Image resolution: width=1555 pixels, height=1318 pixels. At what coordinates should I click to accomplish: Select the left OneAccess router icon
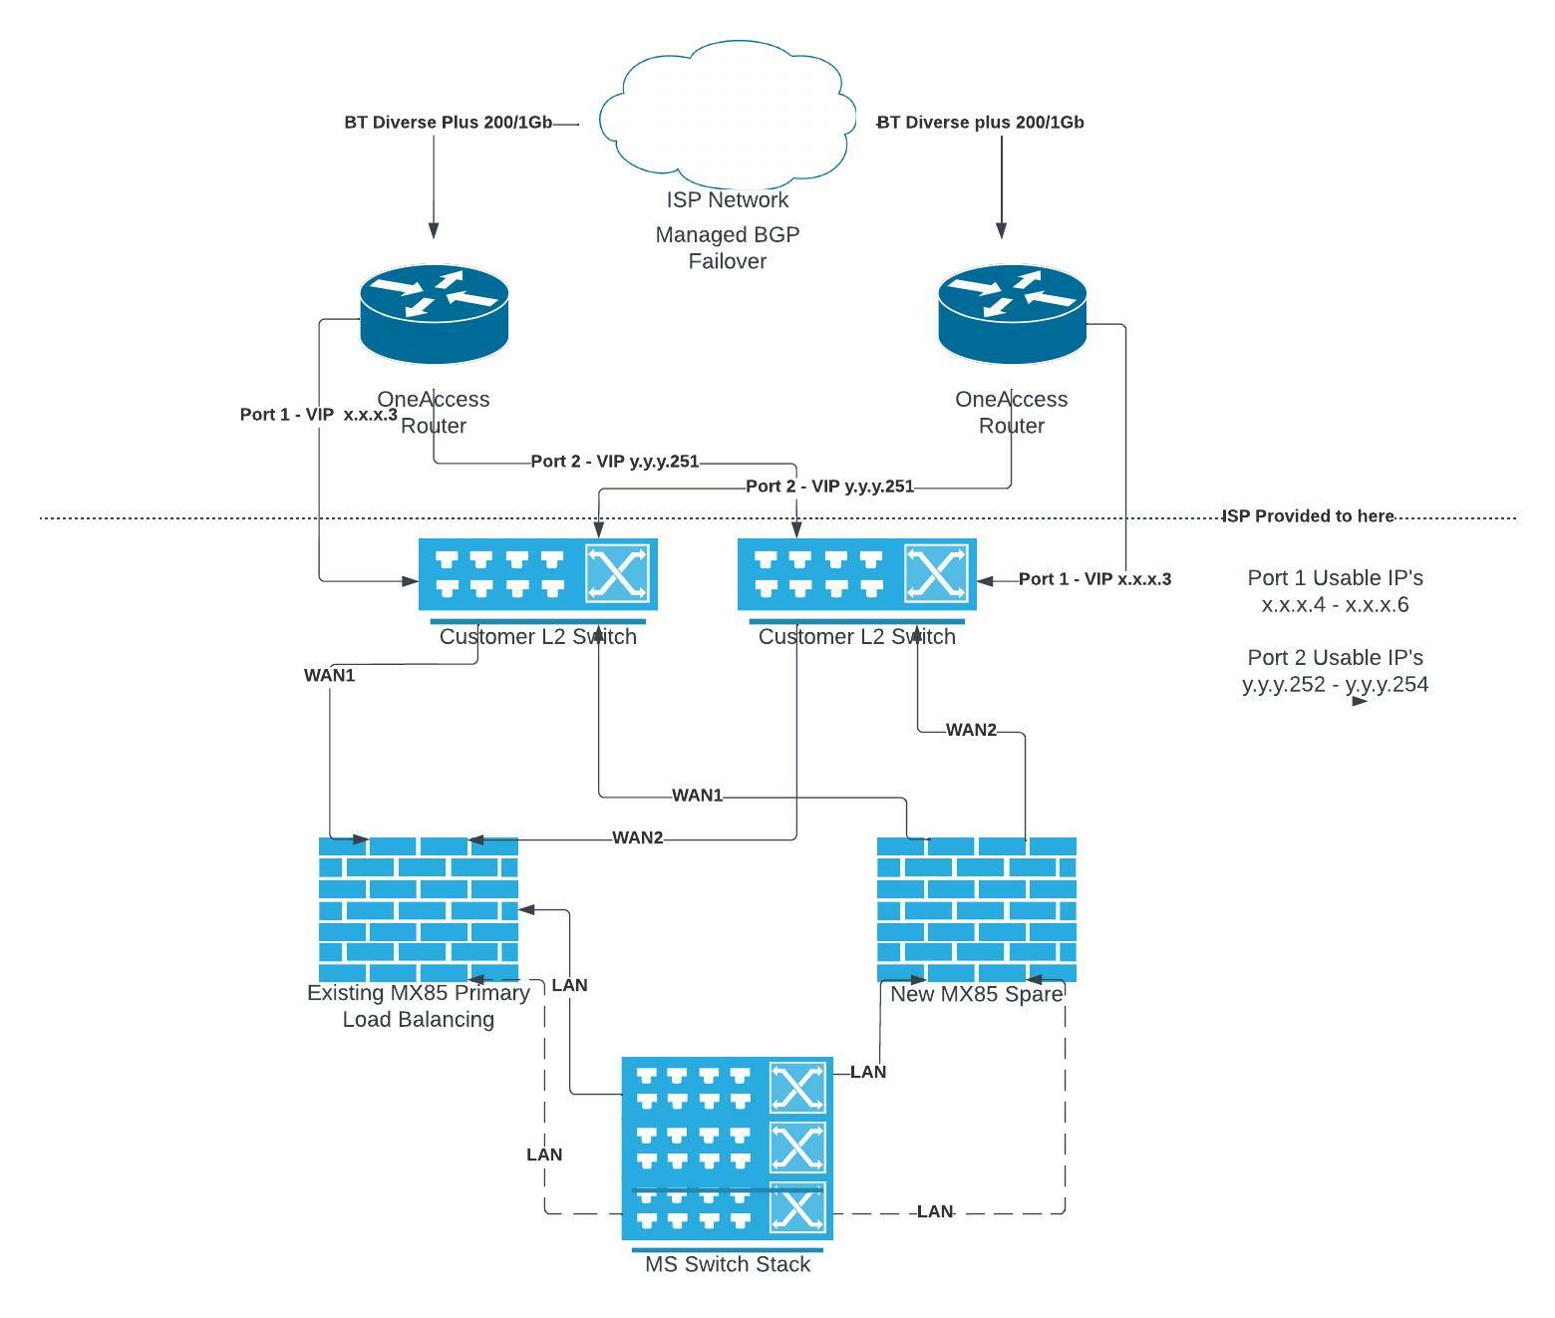[x=434, y=313]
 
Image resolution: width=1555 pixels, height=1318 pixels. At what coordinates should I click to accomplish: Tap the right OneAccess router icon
[x=1012, y=313]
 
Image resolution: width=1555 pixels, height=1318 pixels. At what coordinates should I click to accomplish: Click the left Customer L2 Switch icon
[x=537, y=574]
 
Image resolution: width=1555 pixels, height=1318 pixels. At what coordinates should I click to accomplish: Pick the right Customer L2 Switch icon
[x=856, y=574]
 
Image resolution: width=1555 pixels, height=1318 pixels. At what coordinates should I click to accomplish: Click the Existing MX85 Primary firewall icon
[x=419, y=909]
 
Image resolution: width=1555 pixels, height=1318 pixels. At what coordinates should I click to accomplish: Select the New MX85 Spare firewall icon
[x=976, y=909]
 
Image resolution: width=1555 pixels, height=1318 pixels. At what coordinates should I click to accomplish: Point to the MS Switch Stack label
[x=728, y=1264]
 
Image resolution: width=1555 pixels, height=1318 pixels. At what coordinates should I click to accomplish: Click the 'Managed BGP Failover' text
[x=728, y=248]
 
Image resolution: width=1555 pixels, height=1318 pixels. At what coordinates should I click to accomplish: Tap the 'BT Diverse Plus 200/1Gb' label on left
[x=448, y=123]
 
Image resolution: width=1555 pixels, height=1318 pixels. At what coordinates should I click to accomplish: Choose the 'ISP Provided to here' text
[x=1308, y=516]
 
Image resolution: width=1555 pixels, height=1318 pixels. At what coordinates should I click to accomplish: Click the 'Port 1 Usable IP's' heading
[x=1335, y=578]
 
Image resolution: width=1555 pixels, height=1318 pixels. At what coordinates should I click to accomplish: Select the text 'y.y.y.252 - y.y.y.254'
[x=1335, y=685]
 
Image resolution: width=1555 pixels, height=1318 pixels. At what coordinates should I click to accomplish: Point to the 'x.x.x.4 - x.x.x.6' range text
[x=1335, y=605]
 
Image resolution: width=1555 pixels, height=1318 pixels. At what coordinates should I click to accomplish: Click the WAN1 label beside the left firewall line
[x=329, y=676]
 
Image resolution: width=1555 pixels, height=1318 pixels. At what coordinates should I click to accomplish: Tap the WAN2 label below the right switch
[x=971, y=730]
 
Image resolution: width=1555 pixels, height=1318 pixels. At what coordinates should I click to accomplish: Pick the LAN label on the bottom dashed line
[x=934, y=1212]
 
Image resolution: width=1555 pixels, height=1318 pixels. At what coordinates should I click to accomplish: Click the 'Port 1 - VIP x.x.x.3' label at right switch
[x=1094, y=579]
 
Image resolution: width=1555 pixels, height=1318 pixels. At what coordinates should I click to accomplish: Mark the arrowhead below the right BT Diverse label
[x=1002, y=231]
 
